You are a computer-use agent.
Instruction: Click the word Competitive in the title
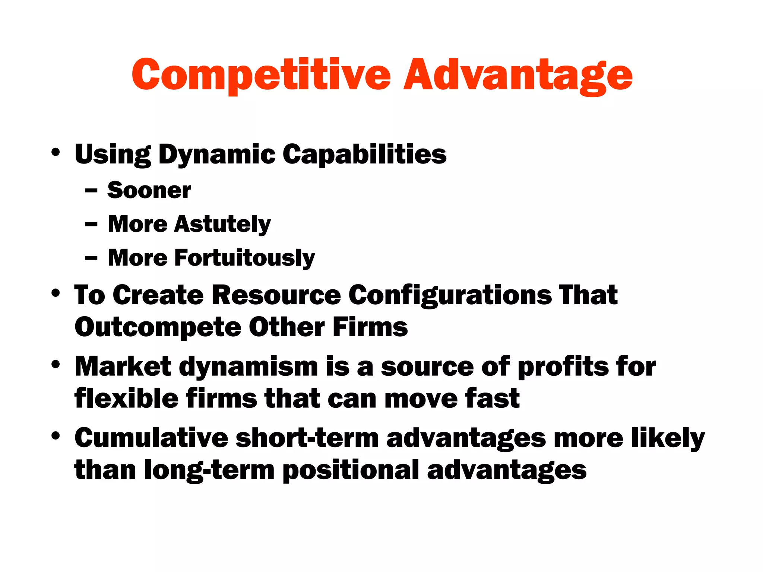pyautogui.click(x=261, y=75)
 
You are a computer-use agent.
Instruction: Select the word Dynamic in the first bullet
pyautogui.click(x=217, y=155)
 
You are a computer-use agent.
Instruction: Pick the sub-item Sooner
pyautogui.click(x=149, y=190)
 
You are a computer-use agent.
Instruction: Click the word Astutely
pyautogui.click(x=222, y=225)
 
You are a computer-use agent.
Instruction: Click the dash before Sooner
pyautogui.click(x=91, y=191)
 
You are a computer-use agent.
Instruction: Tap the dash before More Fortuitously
pyautogui.click(x=91, y=258)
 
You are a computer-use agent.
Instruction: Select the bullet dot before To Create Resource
pyautogui.click(x=56, y=293)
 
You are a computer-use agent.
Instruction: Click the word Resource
pyautogui.click(x=276, y=295)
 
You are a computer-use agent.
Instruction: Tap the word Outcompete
pyautogui.click(x=158, y=328)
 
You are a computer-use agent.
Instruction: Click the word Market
pyautogui.click(x=123, y=366)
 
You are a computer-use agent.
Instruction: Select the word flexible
pyautogui.click(x=126, y=398)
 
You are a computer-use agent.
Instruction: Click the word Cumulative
pyautogui.click(x=151, y=438)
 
